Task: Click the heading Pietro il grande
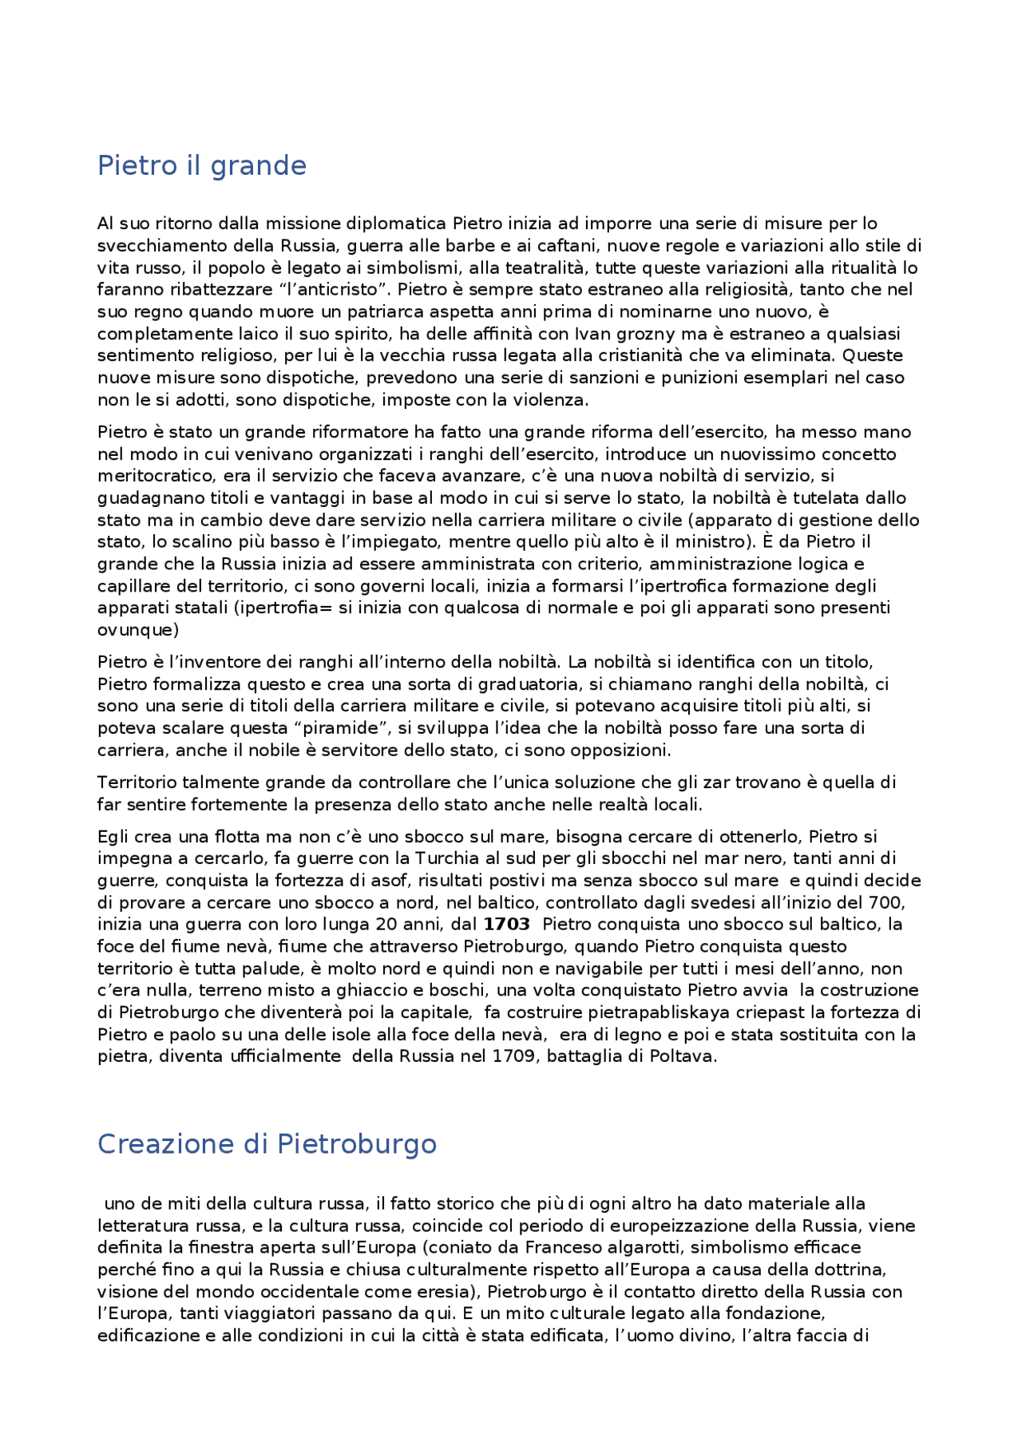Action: (201, 166)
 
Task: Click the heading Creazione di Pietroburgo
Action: (267, 1144)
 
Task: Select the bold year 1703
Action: (506, 925)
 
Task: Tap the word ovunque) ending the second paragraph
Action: (138, 630)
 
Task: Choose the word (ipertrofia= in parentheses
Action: (283, 608)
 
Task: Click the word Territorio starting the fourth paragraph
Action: (137, 782)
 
